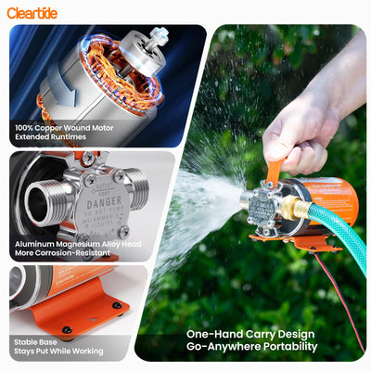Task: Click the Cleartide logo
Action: pyautogui.click(x=32, y=12)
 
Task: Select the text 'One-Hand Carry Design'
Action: pyautogui.click(x=251, y=334)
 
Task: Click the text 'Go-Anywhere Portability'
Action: pyautogui.click(x=251, y=347)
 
